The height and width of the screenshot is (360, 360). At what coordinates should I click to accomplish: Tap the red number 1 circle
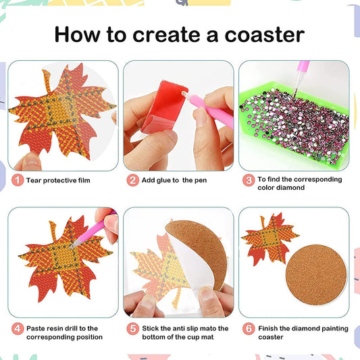coord(18,180)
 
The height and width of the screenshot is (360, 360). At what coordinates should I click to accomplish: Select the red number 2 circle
coord(133,180)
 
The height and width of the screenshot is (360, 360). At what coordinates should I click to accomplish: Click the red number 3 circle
coord(249,180)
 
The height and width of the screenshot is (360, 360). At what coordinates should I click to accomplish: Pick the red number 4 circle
coord(18,329)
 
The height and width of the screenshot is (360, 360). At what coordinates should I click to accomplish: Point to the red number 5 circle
coord(133,329)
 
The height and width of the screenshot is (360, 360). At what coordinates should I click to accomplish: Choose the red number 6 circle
coord(249,329)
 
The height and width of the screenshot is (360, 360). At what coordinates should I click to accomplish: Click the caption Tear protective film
coord(58,180)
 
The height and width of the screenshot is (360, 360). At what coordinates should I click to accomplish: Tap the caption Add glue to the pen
coord(175,180)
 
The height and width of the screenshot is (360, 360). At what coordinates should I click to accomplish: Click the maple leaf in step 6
coord(268,240)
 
